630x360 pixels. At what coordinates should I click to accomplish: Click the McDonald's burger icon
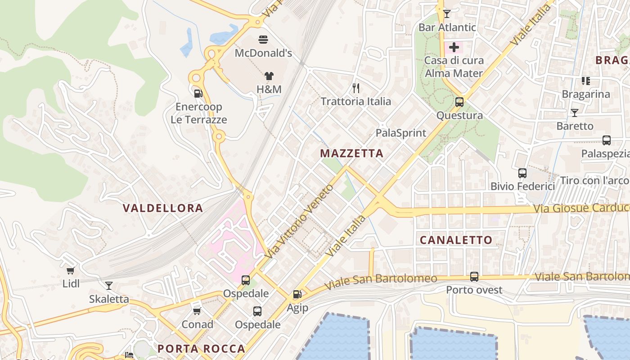263,40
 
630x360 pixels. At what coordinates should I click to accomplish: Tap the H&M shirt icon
269,76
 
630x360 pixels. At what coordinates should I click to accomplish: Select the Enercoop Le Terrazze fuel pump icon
198,94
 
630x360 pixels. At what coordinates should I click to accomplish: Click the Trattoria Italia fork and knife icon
356,88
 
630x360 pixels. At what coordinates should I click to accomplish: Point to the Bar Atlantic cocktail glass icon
446,14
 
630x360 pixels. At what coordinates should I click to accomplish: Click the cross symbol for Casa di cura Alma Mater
454,47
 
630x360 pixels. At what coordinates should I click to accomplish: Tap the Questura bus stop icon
459,102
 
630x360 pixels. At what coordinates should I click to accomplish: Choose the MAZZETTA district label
351,153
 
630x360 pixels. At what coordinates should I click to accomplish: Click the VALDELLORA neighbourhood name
162,208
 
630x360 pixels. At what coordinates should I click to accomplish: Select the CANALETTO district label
456,240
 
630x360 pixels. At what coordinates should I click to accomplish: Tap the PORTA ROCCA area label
201,349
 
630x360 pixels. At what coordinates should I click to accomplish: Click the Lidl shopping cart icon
70,270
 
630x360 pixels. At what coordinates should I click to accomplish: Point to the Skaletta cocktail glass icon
108,286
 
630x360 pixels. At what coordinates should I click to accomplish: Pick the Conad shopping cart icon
197,311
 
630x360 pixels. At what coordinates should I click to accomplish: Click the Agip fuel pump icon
297,295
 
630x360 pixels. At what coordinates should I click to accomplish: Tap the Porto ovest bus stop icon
474,277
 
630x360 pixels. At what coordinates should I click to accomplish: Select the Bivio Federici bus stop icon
522,173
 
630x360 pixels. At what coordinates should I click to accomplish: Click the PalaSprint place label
400,133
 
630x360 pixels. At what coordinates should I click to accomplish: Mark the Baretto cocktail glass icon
575,113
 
